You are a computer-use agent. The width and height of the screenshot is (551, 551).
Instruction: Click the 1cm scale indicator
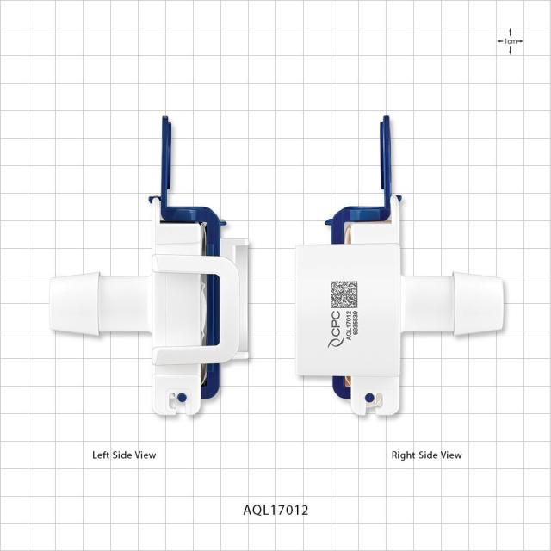click(511, 41)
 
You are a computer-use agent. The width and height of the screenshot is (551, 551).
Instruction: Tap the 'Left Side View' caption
click(124, 455)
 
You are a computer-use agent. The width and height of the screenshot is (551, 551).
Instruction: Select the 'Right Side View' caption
click(427, 455)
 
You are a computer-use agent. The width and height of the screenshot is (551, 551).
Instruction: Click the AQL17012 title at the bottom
click(275, 510)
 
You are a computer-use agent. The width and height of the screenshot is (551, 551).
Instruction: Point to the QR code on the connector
click(344, 294)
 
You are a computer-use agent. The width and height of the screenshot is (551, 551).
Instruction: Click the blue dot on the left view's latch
click(182, 398)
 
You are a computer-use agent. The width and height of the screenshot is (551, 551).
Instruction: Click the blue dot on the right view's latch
click(369, 398)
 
